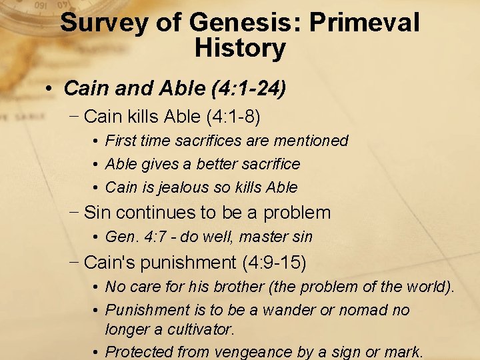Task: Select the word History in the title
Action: coord(240,49)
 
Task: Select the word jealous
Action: coord(175,187)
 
